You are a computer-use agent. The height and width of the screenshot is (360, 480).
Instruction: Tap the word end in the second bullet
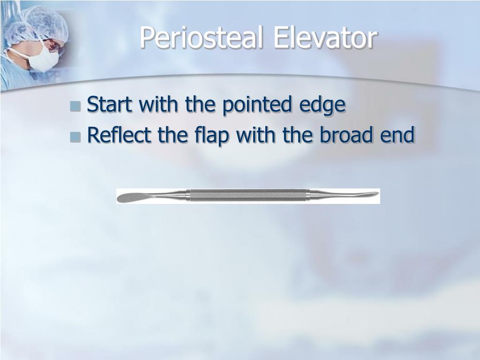tap(400, 135)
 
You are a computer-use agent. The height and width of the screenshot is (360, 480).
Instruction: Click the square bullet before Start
tap(75, 106)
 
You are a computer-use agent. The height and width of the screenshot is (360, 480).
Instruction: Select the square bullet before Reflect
tap(75, 137)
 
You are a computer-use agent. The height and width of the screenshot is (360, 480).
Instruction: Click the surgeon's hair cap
tap(37, 23)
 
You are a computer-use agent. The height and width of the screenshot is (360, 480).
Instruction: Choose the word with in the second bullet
tap(256, 135)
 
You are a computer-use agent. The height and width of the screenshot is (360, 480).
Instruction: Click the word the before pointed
tap(201, 105)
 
